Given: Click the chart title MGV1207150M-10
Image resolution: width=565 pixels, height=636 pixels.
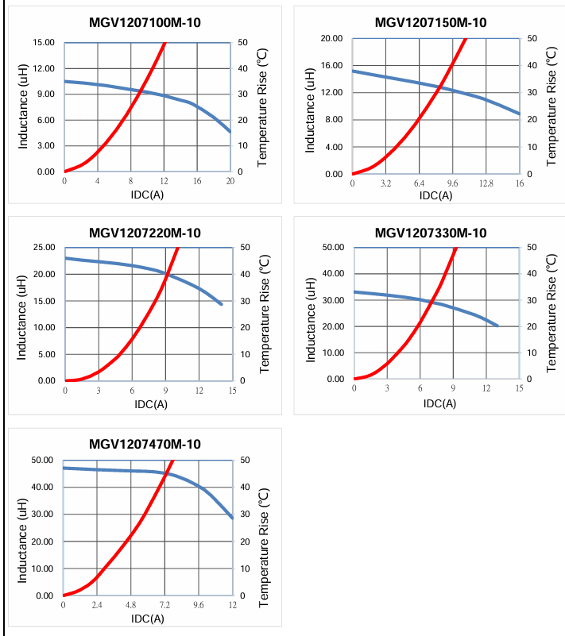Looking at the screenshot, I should click(x=431, y=22).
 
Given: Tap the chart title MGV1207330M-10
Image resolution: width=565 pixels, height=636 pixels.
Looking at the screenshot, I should click(x=431, y=233).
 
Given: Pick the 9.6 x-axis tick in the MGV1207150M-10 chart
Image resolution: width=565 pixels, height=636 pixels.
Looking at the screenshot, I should click(x=453, y=183).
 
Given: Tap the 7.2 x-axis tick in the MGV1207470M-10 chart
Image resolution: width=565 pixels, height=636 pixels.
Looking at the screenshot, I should click(x=164, y=605).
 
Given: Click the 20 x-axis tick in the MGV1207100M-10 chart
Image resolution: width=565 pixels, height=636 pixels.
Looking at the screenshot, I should click(x=230, y=181).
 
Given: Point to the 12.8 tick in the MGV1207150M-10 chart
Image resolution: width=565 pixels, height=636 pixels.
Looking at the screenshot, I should click(x=486, y=183).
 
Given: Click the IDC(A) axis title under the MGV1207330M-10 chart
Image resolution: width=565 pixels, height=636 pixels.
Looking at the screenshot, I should click(x=439, y=403).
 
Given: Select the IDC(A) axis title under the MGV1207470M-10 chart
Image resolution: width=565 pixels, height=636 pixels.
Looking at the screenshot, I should click(x=149, y=619).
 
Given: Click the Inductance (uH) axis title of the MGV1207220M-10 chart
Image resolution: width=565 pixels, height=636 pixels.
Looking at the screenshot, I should click(x=22, y=314).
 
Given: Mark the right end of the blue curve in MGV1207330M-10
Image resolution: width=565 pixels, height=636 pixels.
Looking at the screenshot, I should click(x=497, y=326).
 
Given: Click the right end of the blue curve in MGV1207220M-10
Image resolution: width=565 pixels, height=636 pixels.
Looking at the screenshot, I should click(x=222, y=304).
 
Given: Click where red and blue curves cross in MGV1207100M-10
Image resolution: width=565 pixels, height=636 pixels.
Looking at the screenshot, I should click(x=143, y=91).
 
